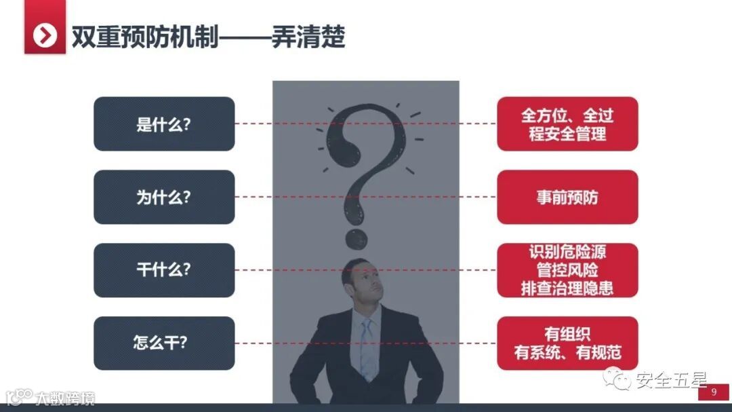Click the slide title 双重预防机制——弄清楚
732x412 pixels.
(x=209, y=37)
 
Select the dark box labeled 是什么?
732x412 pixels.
(x=164, y=124)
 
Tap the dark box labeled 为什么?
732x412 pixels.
(x=164, y=197)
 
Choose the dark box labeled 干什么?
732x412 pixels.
(x=164, y=270)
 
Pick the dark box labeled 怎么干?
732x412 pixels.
(x=164, y=343)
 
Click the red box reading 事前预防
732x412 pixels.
(x=567, y=197)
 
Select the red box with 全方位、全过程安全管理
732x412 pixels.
(x=567, y=124)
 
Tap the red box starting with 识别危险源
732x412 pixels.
(x=567, y=270)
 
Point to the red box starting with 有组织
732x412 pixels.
(x=567, y=343)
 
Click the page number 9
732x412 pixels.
(x=713, y=393)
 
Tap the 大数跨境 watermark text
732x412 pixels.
(x=65, y=398)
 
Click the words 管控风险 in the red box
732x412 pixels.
(x=567, y=270)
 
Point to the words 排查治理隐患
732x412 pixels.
(x=567, y=288)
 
